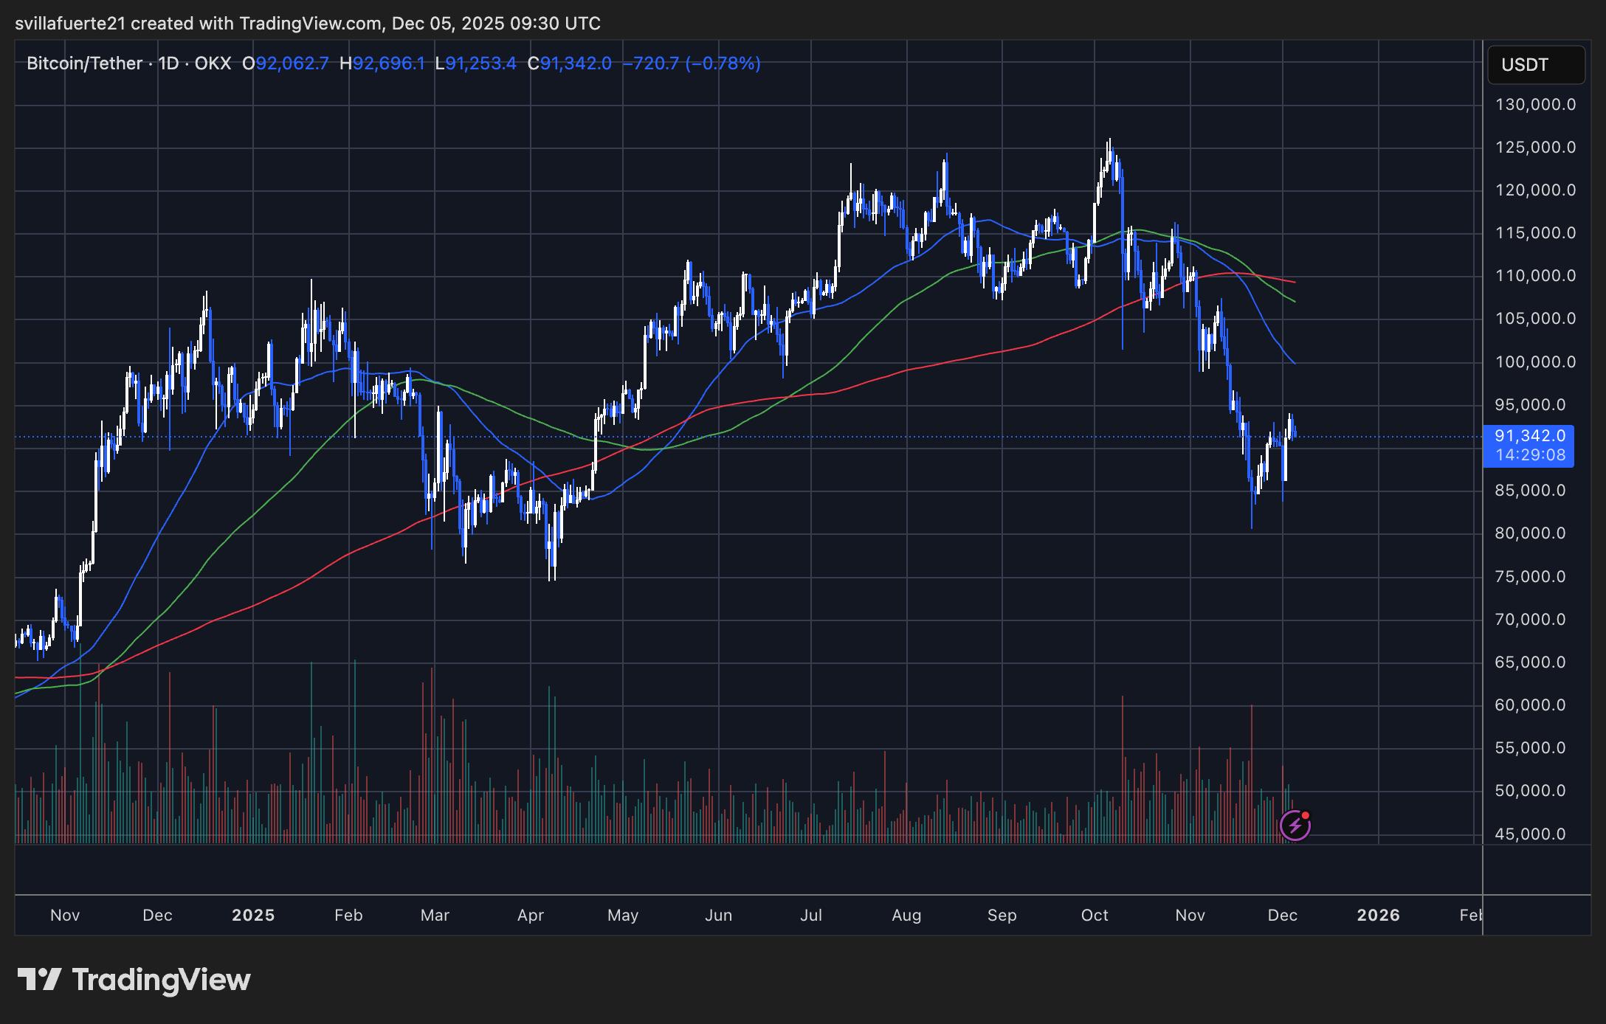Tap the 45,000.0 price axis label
point(1529,834)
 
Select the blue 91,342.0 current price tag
point(1529,436)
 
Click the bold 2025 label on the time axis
point(253,916)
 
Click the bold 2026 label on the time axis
point(1378,916)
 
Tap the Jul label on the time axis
point(810,916)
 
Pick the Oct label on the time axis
point(1095,916)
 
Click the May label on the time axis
point(622,916)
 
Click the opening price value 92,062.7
point(292,63)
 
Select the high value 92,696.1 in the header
point(388,63)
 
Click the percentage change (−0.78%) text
point(723,63)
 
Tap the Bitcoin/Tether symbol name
point(84,63)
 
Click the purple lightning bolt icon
point(1295,826)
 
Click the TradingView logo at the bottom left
point(134,980)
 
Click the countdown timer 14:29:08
point(1530,455)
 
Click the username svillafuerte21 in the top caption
point(70,24)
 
